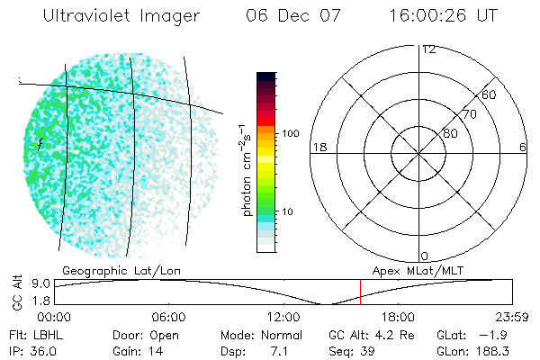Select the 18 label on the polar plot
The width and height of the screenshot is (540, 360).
[x=318, y=147]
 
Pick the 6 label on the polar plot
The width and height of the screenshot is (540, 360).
[x=523, y=147]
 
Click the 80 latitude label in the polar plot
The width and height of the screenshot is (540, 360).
[x=451, y=133]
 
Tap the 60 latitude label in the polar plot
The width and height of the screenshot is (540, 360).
[x=490, y=94]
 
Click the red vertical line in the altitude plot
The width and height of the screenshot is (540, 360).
[x=360, y=292]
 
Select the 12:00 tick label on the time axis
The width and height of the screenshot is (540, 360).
[x=284, y=317]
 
